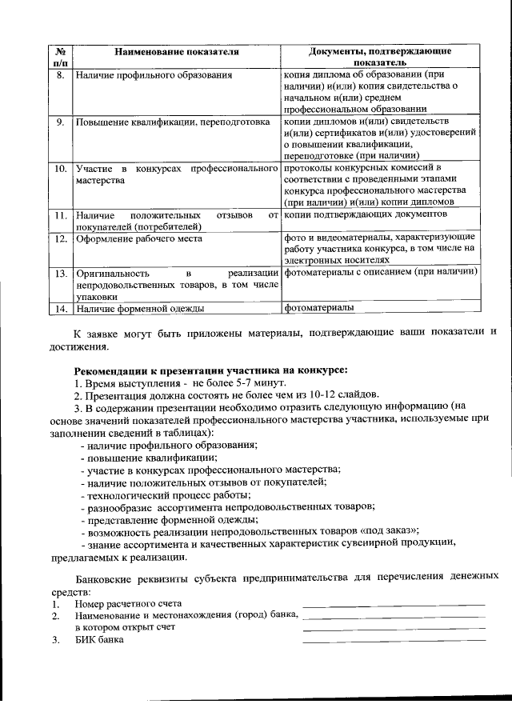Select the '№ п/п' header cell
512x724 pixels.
tap(59, 56)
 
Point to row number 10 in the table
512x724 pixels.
tap(59, 170)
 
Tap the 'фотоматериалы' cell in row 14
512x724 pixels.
tap(318, 307)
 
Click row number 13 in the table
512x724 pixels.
tap(59, 274)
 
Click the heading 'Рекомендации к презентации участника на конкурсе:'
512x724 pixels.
tap(211, 370)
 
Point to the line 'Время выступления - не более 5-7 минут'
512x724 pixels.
tap(179, 384)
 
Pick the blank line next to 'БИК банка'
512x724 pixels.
tap(394, 639)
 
